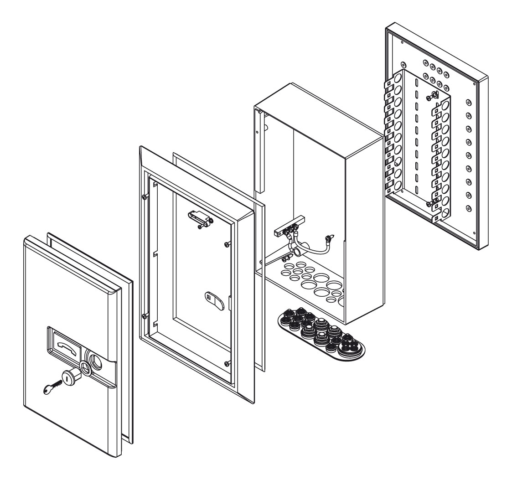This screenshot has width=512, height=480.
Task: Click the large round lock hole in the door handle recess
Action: tap(98, 360)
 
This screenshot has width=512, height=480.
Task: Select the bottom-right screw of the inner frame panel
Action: tap(227, 363)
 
